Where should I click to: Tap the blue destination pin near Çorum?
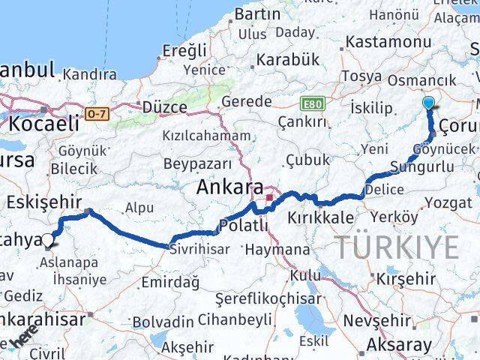tap(429, 103)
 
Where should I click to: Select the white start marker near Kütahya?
tap(49, 240)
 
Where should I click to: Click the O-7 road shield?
tap(97, 114)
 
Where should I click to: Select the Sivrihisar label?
tap(198, 248)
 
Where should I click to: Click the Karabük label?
tap(287, 59)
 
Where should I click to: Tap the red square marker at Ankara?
tap(269, 198)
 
